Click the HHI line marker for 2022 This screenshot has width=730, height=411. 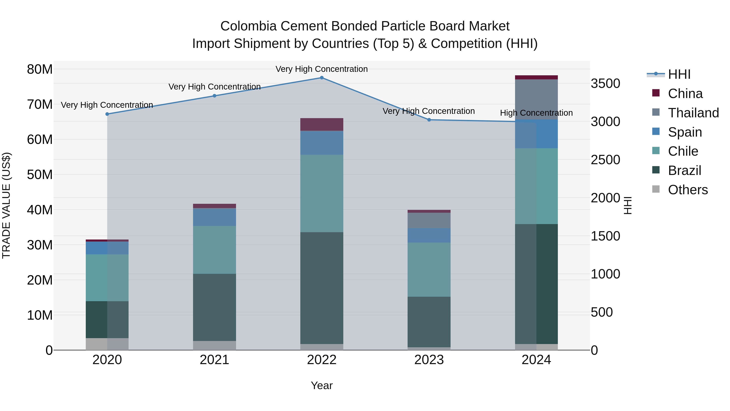[322, 78]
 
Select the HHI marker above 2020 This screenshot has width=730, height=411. [107, 114]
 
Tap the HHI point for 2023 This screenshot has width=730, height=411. [429, 120]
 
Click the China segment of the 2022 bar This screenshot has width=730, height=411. [322, 124]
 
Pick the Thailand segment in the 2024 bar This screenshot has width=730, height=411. [536, 99]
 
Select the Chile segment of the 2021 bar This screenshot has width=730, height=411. [215, 250]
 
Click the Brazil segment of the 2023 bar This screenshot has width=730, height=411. [429, 322]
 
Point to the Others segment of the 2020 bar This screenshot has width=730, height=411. [107, 344]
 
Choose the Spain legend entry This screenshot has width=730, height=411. [684, 132]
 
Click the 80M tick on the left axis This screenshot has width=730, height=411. [40, 69]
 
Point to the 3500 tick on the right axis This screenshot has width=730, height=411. [605, 84]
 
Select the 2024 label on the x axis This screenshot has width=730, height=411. [536, 360]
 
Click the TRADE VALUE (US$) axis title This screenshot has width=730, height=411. [6, 205]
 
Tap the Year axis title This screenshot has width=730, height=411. [322, 385]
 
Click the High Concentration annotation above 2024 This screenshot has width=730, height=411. [536, 113]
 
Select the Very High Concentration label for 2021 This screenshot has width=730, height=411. [215, 86]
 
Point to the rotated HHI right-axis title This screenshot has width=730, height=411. [628, 205]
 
